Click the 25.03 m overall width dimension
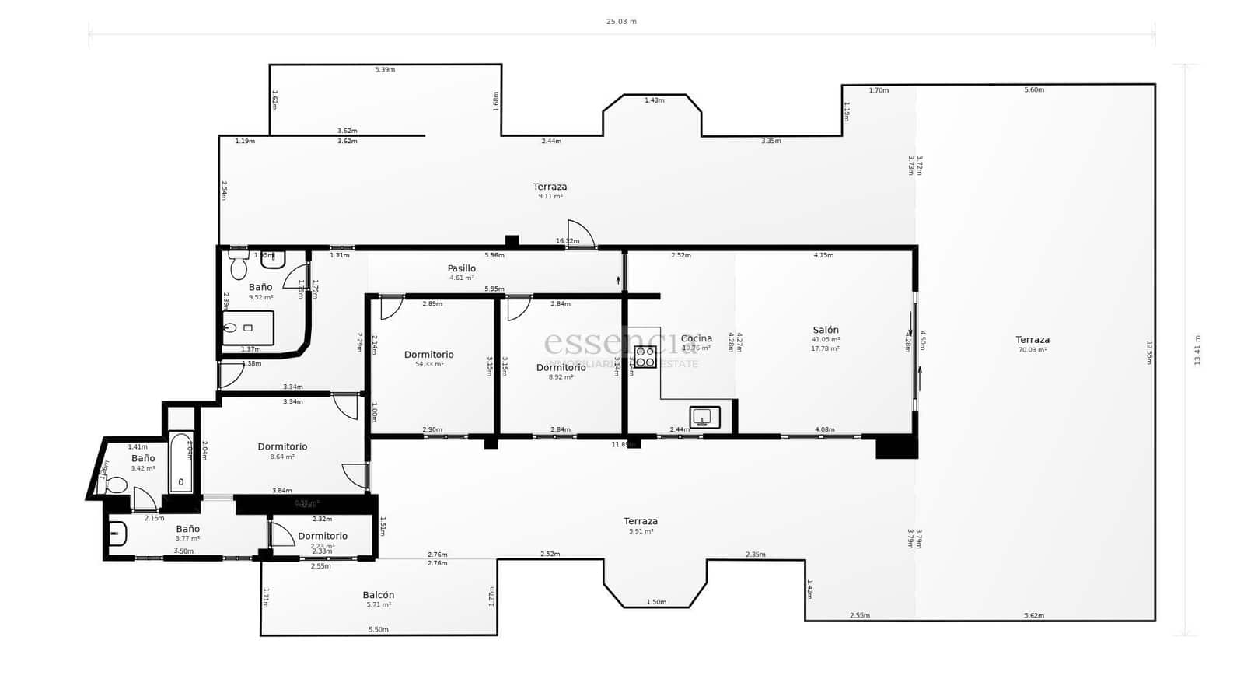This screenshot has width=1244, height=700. click(621, 22)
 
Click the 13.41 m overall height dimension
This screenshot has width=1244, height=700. click(1197, 350)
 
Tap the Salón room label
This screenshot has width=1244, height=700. click(826, 330)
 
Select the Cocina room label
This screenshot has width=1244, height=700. click(696, 338)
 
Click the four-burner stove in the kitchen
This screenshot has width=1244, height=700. click(645, 357)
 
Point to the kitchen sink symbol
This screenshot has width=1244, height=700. click(704, 418)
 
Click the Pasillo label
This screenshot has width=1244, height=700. click(461, 268)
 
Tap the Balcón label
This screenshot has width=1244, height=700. click(379, 595)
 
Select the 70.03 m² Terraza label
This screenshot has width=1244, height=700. click(1033, 340)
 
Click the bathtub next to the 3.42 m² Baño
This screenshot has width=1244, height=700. click(181, 463)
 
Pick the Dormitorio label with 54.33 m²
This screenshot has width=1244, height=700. click(428, 355)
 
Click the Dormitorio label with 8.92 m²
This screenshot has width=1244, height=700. click(561, 368)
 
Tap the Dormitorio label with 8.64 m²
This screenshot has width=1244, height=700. click(282, 446)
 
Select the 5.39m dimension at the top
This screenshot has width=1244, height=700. click(385, 70)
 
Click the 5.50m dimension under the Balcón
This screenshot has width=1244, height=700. click(378, 630)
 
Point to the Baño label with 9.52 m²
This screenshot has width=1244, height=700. click(260, 287)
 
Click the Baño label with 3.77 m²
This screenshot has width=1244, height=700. click(187, 529)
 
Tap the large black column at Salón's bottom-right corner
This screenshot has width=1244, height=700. click(896, 446)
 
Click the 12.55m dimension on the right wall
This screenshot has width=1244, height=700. click(1149, 352)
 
